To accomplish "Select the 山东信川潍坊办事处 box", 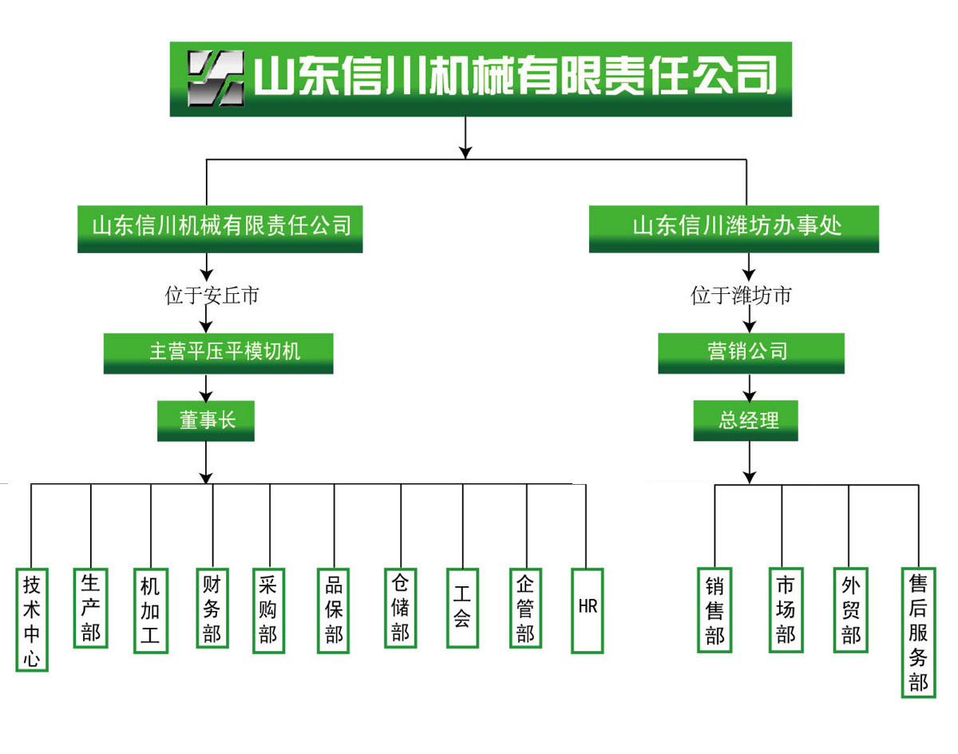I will [734, 228].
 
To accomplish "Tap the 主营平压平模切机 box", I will [218, 353].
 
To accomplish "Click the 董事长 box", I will [206, 420].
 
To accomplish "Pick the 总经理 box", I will [746, 420].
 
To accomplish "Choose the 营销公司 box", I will [750, 353].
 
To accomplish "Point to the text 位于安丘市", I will [212, 296].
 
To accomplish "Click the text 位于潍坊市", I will [741, 296].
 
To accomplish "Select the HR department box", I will [588, 610].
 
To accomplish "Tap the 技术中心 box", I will [32, 620].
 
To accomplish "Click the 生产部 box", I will [90, 607].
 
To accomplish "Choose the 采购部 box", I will [268, 610].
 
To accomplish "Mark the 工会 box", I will [462, 608].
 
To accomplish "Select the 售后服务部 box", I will [918, 632].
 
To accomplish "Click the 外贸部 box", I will [851, 610].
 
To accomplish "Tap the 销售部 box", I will [715, 610].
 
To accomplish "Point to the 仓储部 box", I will [400, 608].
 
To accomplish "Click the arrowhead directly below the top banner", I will [466, 152].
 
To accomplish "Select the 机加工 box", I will [150, 611].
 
